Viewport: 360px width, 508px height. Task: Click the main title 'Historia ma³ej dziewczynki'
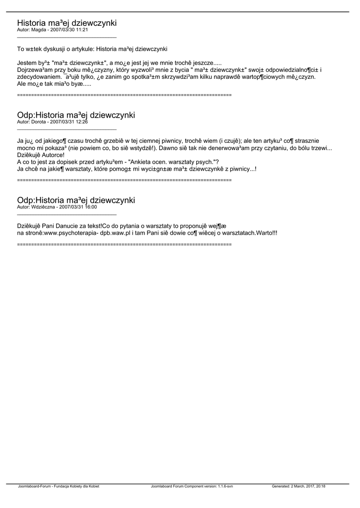coord(67,23)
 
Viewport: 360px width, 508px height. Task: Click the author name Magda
coord(39,30)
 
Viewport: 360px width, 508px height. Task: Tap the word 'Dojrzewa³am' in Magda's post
coord(34,70)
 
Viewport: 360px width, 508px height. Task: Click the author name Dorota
coord(39,122)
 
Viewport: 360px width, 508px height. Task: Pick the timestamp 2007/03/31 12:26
coord(71,122)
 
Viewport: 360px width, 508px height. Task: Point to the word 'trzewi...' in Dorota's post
coord(320,148)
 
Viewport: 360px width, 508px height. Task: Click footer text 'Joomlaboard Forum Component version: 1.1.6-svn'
coord(192,486)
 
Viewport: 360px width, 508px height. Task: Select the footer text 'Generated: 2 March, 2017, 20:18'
coord(302,486)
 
